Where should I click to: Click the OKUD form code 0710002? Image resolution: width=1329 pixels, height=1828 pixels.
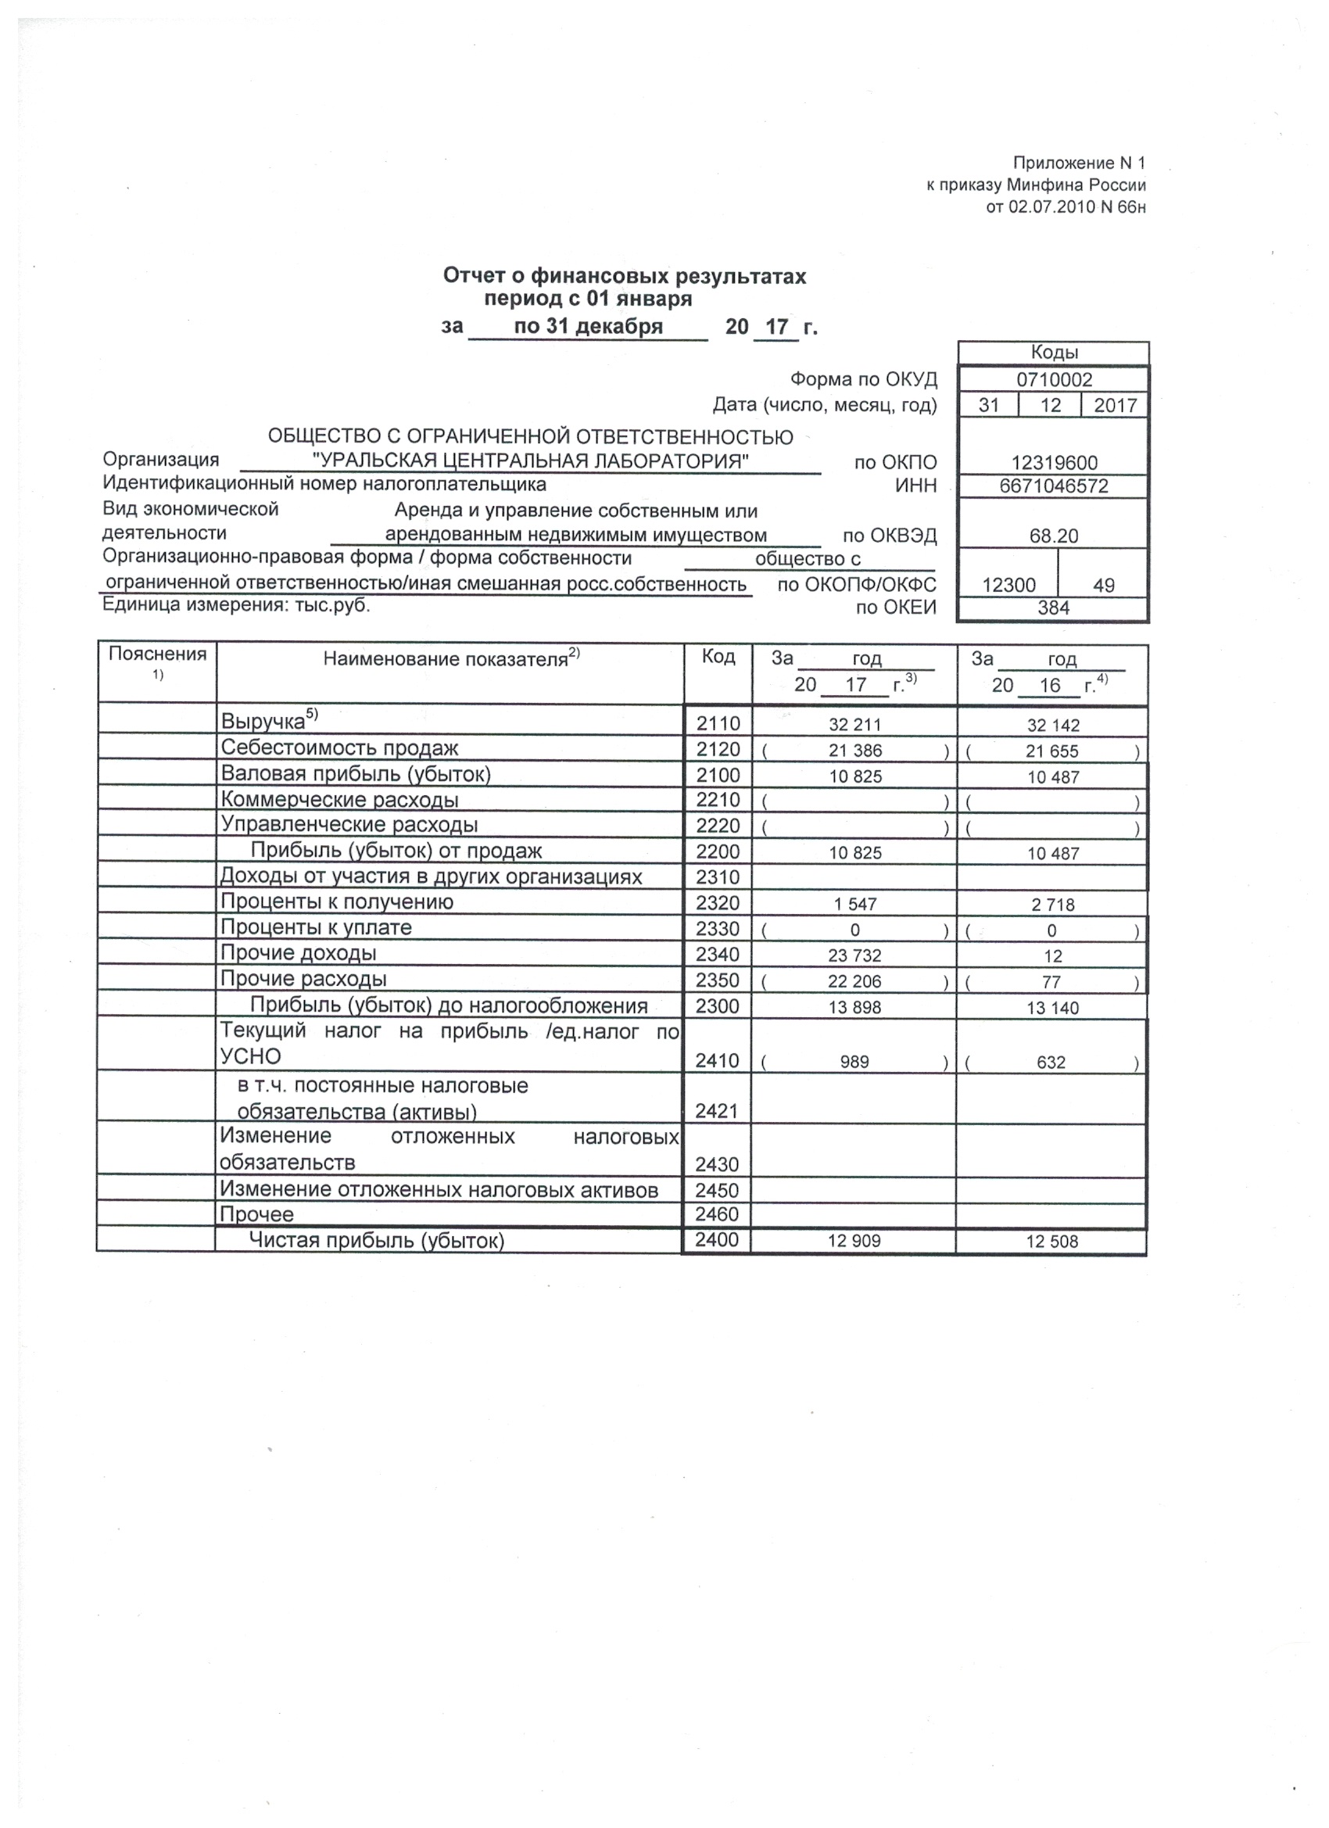coord(1054,380)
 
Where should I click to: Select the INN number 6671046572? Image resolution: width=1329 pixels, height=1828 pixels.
coord(1054,486)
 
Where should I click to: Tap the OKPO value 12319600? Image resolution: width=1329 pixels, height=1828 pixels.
coord(1054,463)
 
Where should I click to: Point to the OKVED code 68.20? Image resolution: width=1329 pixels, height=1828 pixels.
coord(1053,536)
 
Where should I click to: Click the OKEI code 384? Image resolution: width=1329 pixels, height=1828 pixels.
coord(1053,608)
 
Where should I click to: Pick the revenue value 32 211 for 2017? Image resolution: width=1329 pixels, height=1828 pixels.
coord(855,725)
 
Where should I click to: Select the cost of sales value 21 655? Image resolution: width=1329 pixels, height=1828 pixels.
coord(1052,751)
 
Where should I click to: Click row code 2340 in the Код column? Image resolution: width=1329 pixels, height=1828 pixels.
coord(718,955)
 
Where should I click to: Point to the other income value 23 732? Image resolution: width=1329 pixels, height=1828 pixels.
coord(855,956)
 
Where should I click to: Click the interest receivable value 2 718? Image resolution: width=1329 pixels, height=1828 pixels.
coord(1052,905)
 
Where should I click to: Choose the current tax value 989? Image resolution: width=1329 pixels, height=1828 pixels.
coord(854,1062)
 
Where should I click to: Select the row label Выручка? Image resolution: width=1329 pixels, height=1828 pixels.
coord(263,722)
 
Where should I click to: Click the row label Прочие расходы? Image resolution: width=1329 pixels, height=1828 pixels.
coord(304,979)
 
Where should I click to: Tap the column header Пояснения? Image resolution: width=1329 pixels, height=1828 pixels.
coord(158,654)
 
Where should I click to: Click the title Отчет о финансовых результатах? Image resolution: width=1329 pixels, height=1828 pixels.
coord(625,277)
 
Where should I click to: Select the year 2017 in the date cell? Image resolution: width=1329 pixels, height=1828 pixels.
coord(1116,406)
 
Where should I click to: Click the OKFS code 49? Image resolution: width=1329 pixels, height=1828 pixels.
coord(1103,585)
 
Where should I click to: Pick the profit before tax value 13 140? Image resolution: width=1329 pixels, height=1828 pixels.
coord(1052,1008)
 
